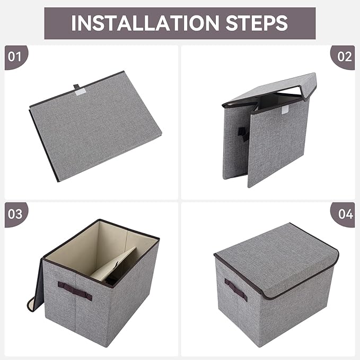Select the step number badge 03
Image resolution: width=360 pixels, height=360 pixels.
point(15,214)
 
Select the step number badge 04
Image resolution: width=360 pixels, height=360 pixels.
point(345,214)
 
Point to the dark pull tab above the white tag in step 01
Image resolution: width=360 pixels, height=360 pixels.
point(77,85)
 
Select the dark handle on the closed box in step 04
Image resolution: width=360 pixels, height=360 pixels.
point(235,289)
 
